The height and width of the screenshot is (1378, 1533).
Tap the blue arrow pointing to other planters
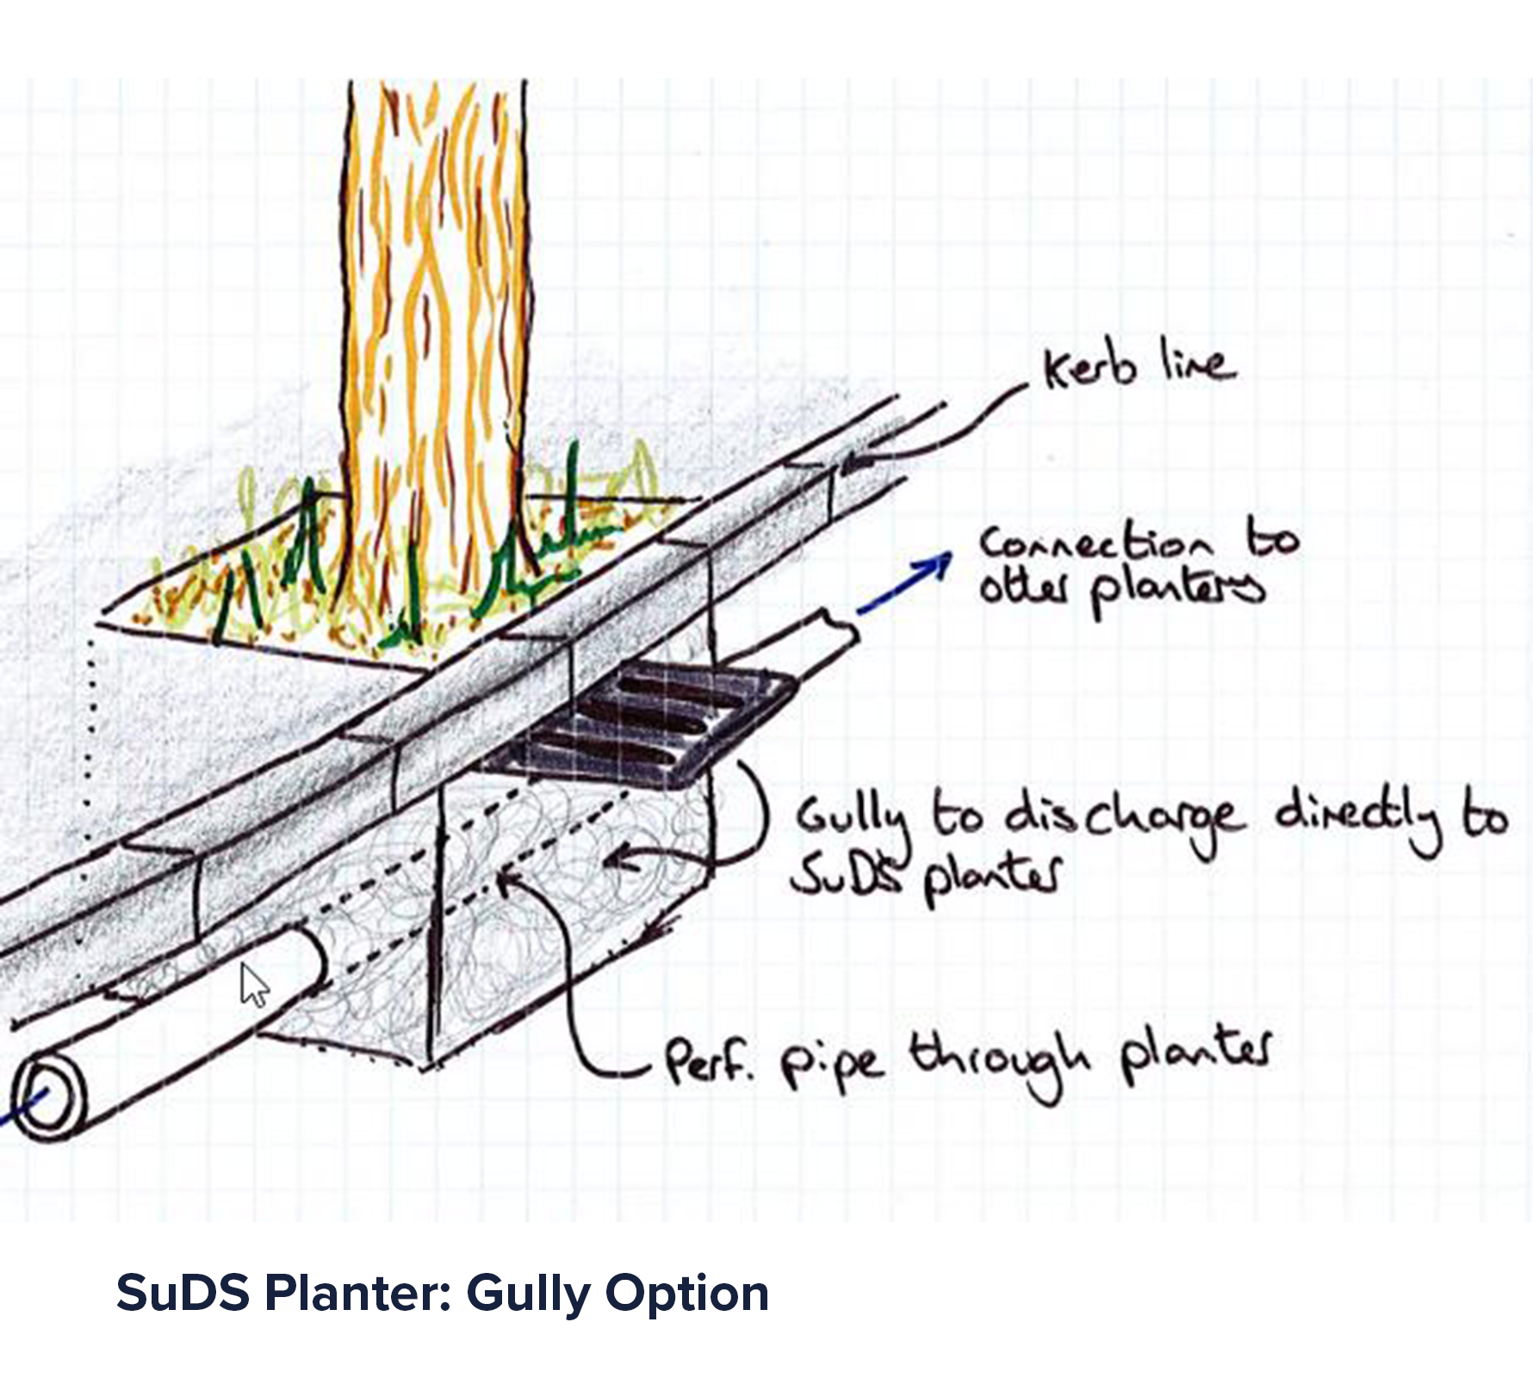(904, 583)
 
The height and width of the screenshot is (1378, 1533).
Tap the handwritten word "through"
(999, 1061)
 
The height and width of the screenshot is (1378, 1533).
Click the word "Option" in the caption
(686, 1294)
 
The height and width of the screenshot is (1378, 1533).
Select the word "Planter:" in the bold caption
(357, 1294)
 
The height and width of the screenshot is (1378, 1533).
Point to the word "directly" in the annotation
(1359, 816)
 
